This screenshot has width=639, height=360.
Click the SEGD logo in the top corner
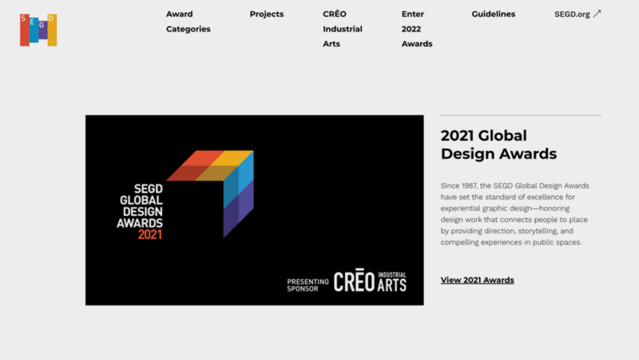(38, 30)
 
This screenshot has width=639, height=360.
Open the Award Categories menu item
(188, 21)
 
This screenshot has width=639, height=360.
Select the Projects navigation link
(266, 14)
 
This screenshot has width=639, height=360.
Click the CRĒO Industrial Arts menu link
(342, 29)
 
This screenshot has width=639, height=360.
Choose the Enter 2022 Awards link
(417, 29)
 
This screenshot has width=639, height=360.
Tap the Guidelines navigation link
(493, 14)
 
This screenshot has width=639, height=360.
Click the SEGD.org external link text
(572, 14)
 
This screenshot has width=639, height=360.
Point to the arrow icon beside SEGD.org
(597, 14)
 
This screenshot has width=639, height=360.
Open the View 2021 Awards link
(477, 280)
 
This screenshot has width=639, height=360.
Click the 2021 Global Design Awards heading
(498, 144)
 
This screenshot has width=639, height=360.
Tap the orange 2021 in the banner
(150, 234)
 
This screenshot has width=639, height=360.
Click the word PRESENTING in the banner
(308, 282)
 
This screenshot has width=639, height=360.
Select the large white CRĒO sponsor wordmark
(354, 282)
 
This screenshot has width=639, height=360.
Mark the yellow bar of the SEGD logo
(52, 31)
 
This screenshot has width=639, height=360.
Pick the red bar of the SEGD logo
(24, 31)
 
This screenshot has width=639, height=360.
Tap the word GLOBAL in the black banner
(141, 200)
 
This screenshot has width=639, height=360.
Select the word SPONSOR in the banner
(303, 289)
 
